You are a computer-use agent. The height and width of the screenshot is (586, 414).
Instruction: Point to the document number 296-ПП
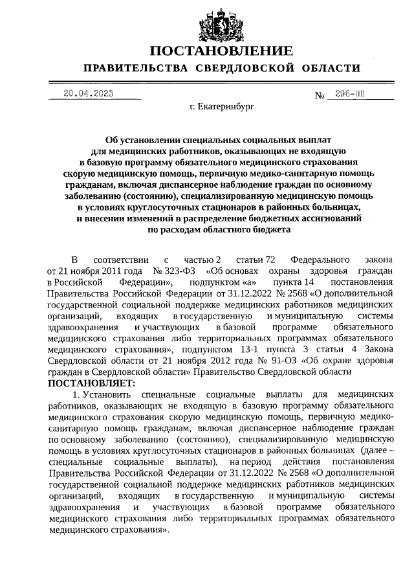(346, 94)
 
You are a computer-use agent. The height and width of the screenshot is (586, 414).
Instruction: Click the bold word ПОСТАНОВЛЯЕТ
(91, 383)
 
